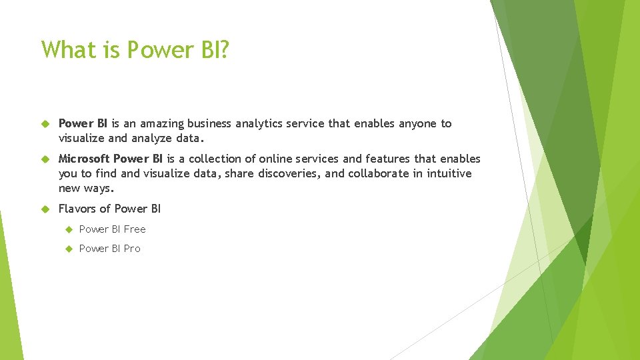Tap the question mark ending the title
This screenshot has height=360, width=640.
(x=223, y=49)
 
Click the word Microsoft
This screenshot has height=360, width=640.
(x=84, y=159)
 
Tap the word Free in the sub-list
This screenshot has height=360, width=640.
(x=134, y=229)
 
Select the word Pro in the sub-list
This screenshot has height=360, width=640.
(x=131, y=249)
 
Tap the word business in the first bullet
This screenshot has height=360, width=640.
(x=210, y=123)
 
